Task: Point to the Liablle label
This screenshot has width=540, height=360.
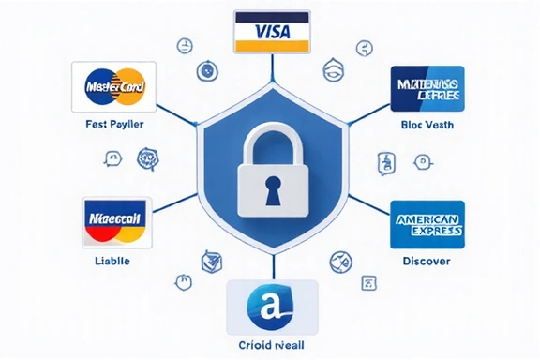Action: [x=112, y=260]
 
